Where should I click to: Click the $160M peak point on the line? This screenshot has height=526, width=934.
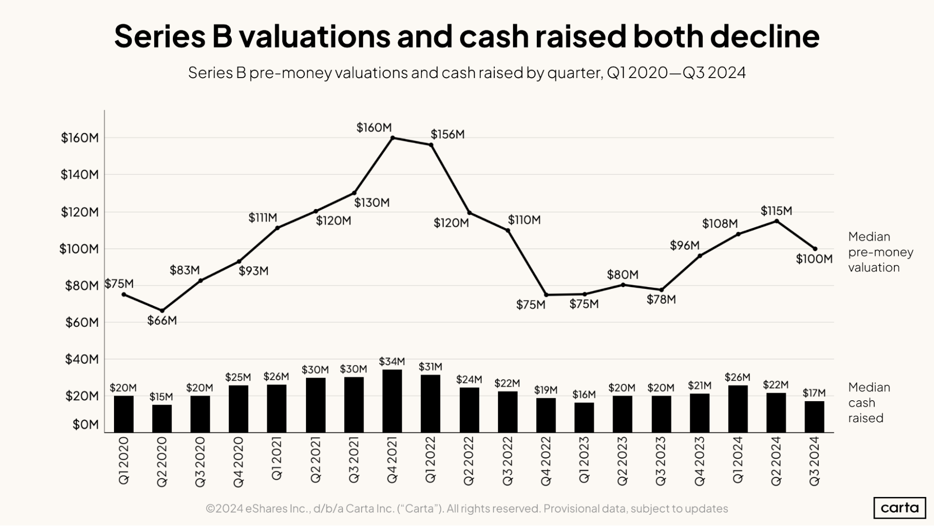pyautogui.click(x=392, y=138)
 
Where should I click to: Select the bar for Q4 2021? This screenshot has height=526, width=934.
pyautogui.click(x=392, y=401)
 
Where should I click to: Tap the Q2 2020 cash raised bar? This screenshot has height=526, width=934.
pyautogui.click(x=162, y=418)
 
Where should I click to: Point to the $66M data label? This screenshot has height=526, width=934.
pyautogui.click(x=162, y=321)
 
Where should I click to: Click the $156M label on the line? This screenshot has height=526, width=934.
pyautogui.click(x=448, y=135)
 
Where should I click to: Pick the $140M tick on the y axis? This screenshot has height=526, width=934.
pyautogui.click(x=80, y=175)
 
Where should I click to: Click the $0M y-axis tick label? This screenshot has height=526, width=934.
pyautogui.click(x=86, y=425)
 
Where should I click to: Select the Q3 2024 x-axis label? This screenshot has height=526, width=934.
pyautogui.click(x=814, y=461)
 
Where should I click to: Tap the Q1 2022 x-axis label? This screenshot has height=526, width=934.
pyautogui.click(x=430, y=459)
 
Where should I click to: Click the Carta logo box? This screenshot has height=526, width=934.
pyautogui.click(x=899, y=508)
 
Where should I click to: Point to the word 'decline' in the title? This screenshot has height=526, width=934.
pyautogui.click(x=764, y=36)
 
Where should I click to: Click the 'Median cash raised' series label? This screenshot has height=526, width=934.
pyautogui.click(x=869, y=403)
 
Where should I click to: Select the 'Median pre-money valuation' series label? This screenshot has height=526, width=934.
pyautogui.click(x=880, y=252)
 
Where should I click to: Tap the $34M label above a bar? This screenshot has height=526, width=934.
pyautogui.click(x=392, y=361)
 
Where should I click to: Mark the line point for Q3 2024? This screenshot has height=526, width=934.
pyautogui.click(x=815, y=249)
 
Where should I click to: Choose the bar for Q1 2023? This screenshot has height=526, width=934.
pyautogui.click(x=584, y=417)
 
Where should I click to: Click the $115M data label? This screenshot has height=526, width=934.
pyautogui.click(x=776, y=211)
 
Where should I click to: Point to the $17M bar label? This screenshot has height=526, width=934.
pyautogui.click(x=814, y=393)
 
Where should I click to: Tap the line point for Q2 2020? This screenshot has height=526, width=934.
pyautogui.click(x=162, y=310)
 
